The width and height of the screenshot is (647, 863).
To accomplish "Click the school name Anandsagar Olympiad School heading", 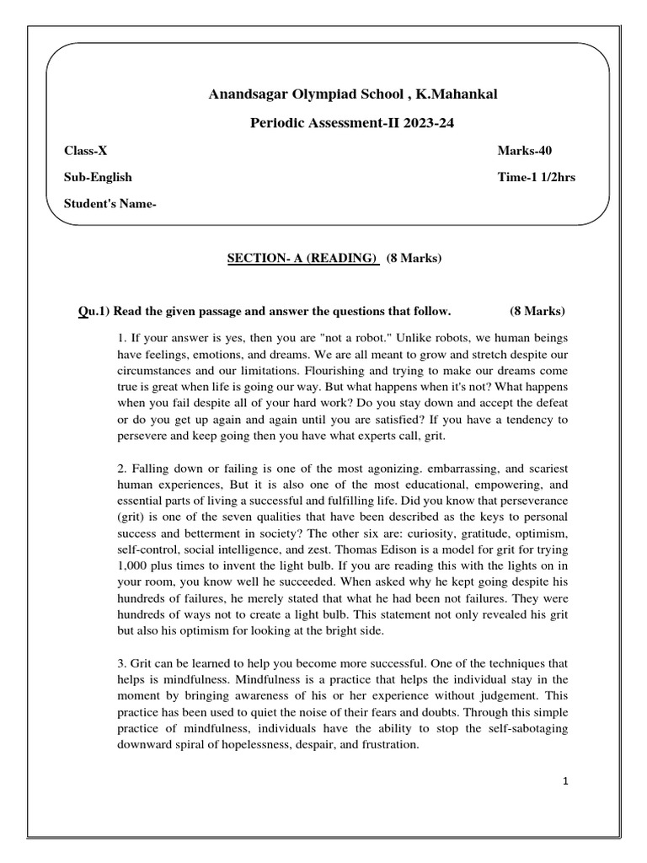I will tap(353, 94).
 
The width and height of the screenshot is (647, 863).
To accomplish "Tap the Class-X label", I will tap(86, 151).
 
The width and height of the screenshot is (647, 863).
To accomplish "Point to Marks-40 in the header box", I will tap(525, 151).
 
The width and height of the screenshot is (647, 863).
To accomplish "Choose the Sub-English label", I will tap(98, 178).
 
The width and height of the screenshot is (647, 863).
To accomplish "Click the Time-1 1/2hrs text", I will tap(537, 178).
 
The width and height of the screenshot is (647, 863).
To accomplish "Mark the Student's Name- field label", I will tap(110, 204).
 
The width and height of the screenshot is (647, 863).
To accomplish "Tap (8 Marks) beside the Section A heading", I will tap(414, 259).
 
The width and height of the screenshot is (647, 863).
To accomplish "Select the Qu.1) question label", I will tap(92, 311).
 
